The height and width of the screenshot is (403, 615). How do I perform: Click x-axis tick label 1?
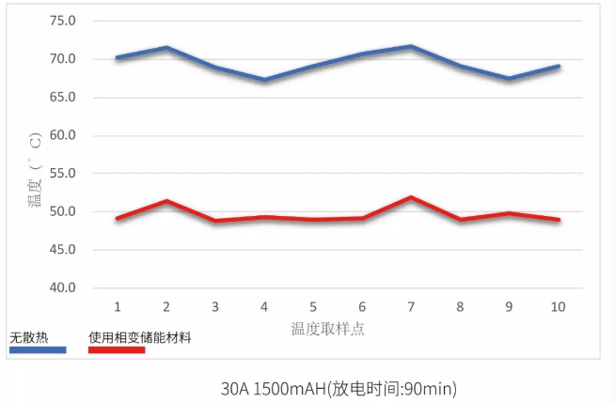(x=118, y=307)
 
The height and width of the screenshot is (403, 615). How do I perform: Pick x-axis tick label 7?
(x=411, y=307)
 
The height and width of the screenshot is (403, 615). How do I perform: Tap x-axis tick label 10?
(x=558, y=307)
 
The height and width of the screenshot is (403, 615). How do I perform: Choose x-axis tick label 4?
(x=264, y=307)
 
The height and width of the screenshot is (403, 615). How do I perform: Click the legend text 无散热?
(x=27, y=336)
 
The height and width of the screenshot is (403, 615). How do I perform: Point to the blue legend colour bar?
(x=38, y=349)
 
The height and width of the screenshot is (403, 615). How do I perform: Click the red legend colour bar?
(x=117, y=349)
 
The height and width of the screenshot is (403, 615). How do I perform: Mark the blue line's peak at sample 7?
(x=411, y=46)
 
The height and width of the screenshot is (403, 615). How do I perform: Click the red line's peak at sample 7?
(x=411, y=197)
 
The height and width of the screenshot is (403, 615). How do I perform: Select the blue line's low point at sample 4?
(x=264, y=80)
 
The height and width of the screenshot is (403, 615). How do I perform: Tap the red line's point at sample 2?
(x=166, y=201)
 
